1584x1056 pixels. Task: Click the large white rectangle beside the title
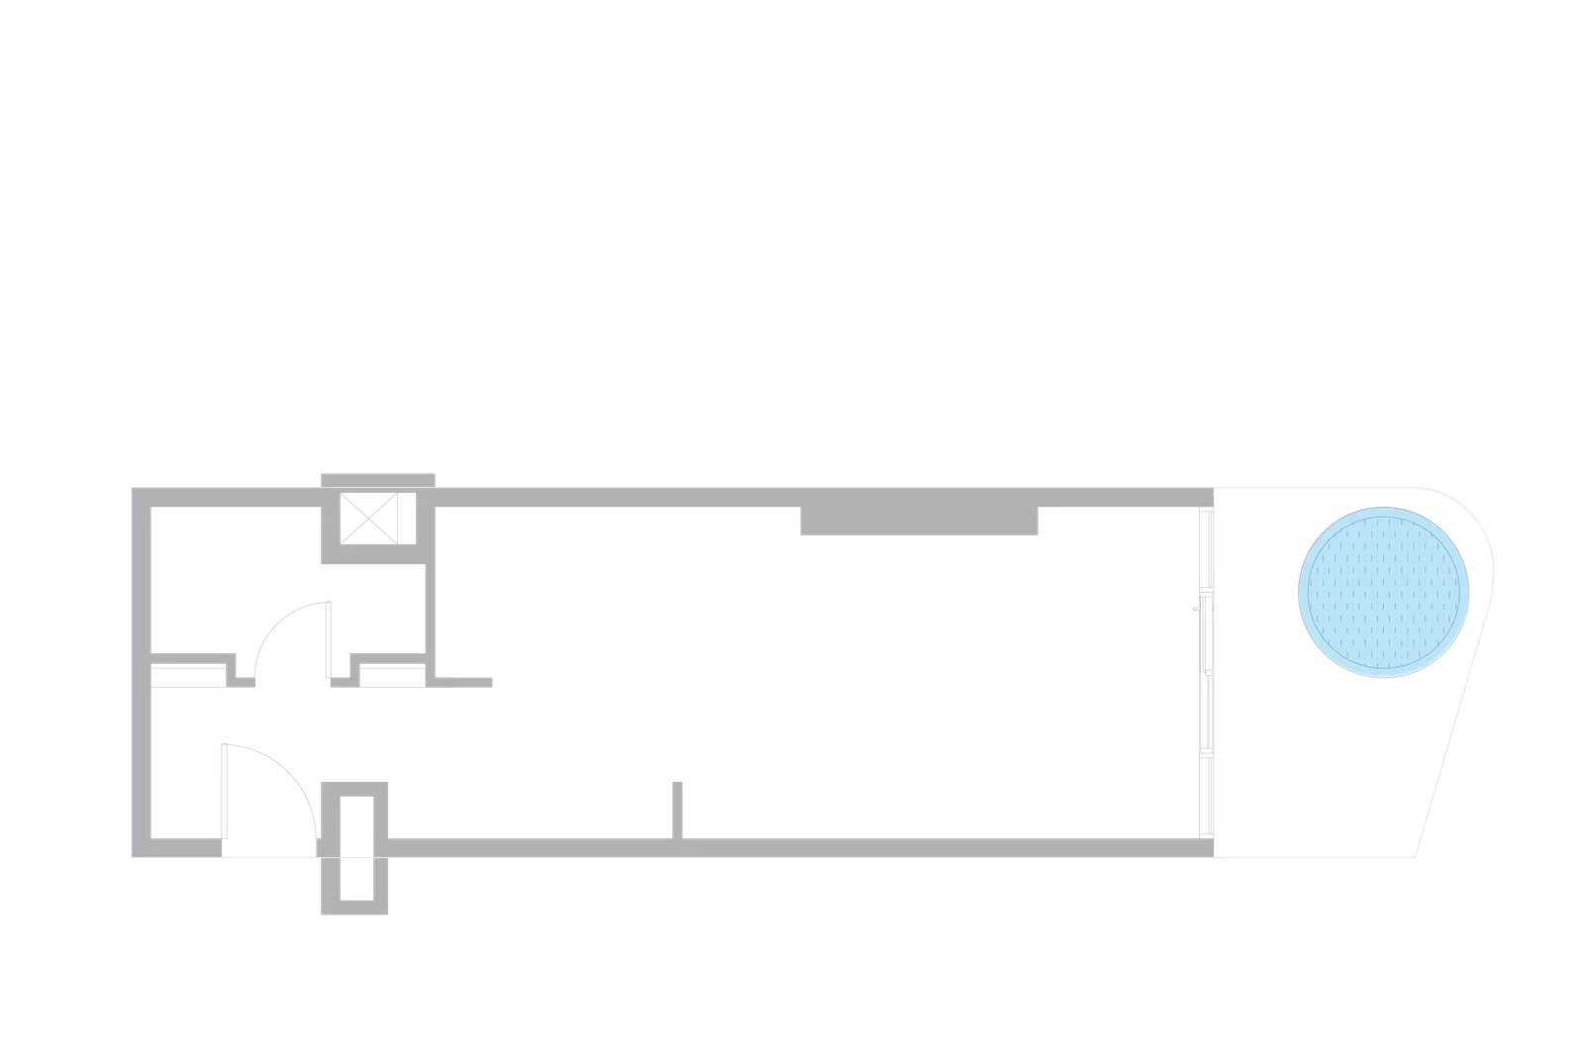1104,189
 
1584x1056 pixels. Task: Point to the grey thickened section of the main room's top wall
918,522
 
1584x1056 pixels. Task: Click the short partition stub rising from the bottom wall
678,807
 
